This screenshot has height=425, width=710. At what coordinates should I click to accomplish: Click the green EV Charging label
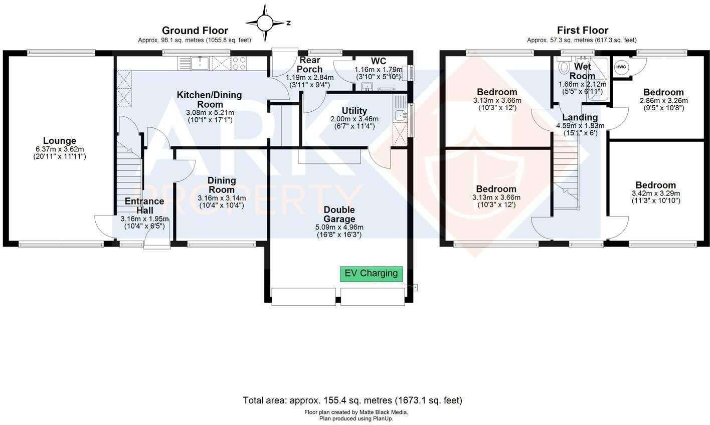pyautogui.click(x=371, y=274)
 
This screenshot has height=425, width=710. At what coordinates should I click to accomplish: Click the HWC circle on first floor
pyautogui.click(x=621, y=67)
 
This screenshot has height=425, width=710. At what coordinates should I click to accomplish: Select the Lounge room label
pyautogui.click(x=59, y=141)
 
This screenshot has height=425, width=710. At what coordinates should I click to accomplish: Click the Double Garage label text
pyautogui.click(x=339, y=214)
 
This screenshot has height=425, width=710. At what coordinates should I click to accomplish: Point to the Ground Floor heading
pyautogui.click(x=195, y=31)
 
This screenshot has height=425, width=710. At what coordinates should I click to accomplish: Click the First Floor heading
pyautogui.click(x=582, y=31)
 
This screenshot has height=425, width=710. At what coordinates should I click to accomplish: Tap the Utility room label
pyautogui.click(x=354, y=111)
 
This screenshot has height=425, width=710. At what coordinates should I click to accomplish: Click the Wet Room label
pyautogui.click(x=582, y=71)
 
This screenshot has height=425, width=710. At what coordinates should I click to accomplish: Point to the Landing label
pyautogui.click(x=580, y=117)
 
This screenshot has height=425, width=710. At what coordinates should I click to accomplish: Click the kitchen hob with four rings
pyautogui.click(x=239, y=63)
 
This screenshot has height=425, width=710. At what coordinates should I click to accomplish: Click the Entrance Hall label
pyautogui.click(x=144, y=206)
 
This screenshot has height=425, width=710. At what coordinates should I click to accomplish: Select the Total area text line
pyautogui.click(x=352, y=400)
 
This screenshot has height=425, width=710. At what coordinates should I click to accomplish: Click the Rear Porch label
pyautogui.click(x=310, y=65)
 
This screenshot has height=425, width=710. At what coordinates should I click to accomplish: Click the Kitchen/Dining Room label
pyautogui.click(x=210, y=99)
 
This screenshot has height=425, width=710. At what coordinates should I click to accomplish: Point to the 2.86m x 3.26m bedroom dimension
pyautogui.click(x=663, y=100)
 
